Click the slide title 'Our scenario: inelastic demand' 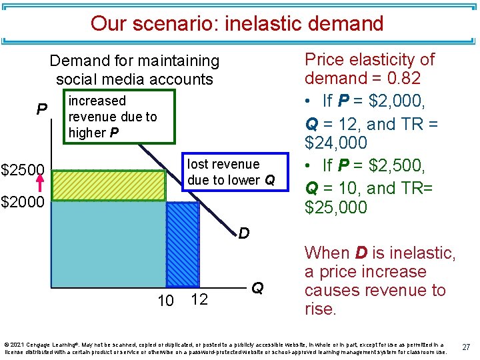tap(237, 23)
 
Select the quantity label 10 tap(165, 301)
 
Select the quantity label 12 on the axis tap(199, 299)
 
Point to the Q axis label tap(257, 288)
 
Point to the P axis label tap(41, 109)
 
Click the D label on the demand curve tap(245, 233)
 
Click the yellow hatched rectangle tap(107, 185)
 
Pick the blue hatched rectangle tap(182, 244)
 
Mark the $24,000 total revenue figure tap(335, 143)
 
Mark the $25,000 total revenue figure tap(335, 207)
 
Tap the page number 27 tap(465, 347)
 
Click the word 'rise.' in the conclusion tap(321, 309)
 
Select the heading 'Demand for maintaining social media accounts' tap(134, 70)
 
